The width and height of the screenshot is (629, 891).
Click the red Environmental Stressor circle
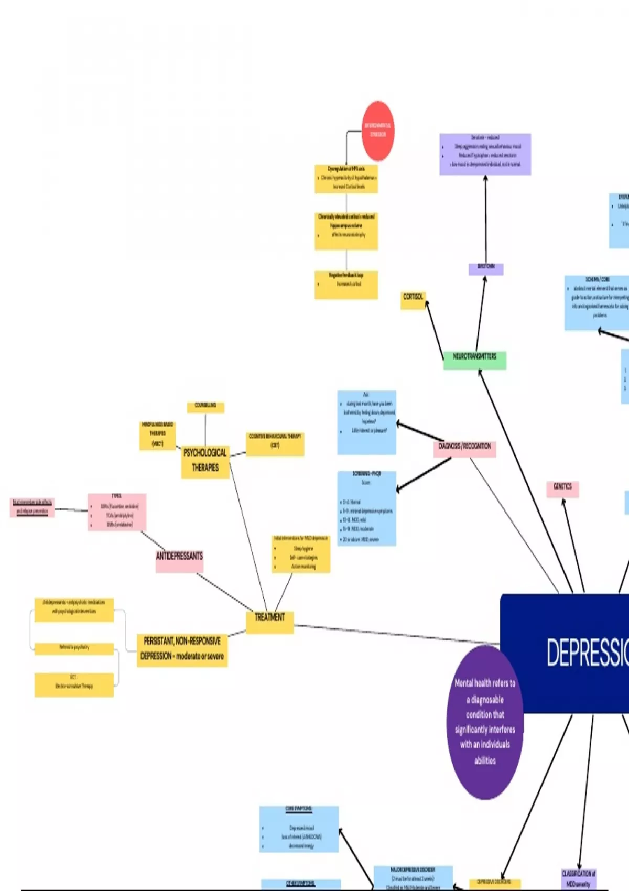click(x=378, y=131)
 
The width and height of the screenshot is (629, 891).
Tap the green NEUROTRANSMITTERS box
click(x=474, y=360)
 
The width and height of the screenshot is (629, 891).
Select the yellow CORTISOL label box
click(x=413, y=300)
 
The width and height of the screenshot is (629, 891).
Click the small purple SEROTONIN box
click(x=486, y=269)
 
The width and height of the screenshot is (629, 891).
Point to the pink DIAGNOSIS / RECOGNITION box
click(x=464, y=448)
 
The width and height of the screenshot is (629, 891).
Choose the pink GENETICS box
click(x=562, y=488)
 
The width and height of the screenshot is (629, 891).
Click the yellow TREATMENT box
click(x=269, y=622)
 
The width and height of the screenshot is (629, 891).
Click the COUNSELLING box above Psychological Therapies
click(x=205, y=407)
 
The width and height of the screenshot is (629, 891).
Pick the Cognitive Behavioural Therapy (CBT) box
click(x=275, y=443)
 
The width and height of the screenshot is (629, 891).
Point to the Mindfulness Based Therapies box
click(x=157, y=435)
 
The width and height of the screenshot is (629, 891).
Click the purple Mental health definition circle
click(x=485, y=722)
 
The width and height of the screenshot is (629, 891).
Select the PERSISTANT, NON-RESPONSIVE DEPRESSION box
click(x=182, y=650)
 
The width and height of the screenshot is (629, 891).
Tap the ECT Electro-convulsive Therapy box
click(x=74, y=684)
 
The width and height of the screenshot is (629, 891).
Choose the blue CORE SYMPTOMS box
click(x=299, y=829)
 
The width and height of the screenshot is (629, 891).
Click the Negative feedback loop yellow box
click(x=346, y=284)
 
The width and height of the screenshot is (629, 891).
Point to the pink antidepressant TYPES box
click(x=116, y=512)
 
